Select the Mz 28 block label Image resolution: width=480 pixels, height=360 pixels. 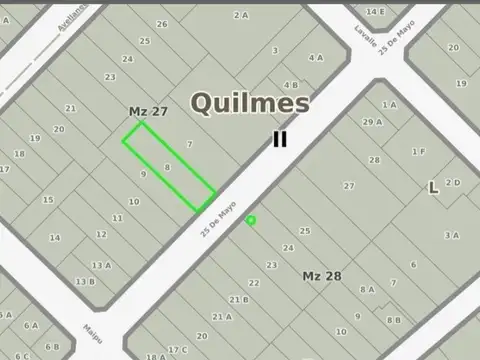point(322,275)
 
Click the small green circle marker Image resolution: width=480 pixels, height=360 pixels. point(251,220)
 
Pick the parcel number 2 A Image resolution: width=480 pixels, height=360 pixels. point(240,15)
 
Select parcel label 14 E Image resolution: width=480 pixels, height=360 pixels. point(374,11)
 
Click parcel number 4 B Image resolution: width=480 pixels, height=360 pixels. point(290,85)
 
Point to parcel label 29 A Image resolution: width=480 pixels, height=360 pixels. point(372,122)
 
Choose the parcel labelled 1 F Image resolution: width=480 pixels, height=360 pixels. point(418,151)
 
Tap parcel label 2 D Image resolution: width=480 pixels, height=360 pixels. point(453,182)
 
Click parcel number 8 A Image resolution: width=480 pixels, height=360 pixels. point(367,290)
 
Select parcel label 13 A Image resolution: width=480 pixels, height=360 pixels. point(100,265)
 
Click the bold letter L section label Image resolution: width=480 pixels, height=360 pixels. point(433,187)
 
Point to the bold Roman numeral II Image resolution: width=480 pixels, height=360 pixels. point(280,140)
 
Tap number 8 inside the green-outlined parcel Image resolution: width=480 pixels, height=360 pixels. point(167,166)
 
